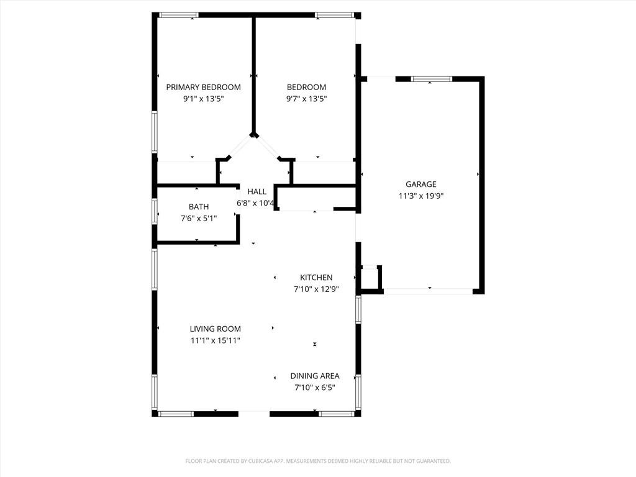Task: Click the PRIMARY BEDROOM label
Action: (x=203, y=87)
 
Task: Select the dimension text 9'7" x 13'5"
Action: (x=306, y=99)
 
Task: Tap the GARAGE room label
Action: (x=420, y=184)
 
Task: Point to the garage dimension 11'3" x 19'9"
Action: (x=420, y=196)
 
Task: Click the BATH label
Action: (x=199, y=206)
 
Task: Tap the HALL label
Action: (x=257, y=191)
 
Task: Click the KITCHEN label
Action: (x=316, y=277)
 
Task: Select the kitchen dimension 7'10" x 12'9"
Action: (x=316, y=289)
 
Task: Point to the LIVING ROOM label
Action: (x=215, y=329)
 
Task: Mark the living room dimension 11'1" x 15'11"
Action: (x=215, y=340)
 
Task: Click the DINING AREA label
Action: (x=315, y=376)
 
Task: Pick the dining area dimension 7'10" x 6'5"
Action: (x=315, y=388)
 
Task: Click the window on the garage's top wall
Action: (x=432, y=79)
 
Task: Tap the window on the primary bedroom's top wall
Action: (x=179, y=15)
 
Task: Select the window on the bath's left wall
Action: (x=155, y=210)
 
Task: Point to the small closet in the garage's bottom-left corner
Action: (x=370, y=278)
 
